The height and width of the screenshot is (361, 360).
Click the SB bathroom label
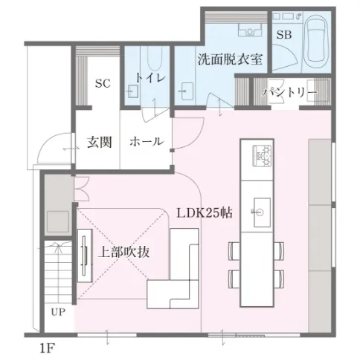[284, 35]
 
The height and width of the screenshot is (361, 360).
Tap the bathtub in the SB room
[316, 41]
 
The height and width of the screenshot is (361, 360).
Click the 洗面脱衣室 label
[230, 59]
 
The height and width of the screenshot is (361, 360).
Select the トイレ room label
[150, 78]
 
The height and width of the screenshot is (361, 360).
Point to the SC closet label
[103, 83]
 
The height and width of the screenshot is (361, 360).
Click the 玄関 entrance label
[100, 142]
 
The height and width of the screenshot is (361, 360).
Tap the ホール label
[147, 142]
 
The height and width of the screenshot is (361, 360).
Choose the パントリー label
[290, 92]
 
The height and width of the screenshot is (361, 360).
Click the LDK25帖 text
[205, 212]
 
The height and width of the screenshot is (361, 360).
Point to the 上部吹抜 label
[123, 252]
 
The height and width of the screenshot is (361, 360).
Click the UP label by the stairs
[58, 312]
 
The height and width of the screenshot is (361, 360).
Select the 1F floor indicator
[47, 348]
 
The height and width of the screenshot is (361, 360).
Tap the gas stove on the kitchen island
[262, 155]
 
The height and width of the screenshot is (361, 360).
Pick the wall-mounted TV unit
[85, 256]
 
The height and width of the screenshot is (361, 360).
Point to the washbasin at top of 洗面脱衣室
[250, 30]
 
